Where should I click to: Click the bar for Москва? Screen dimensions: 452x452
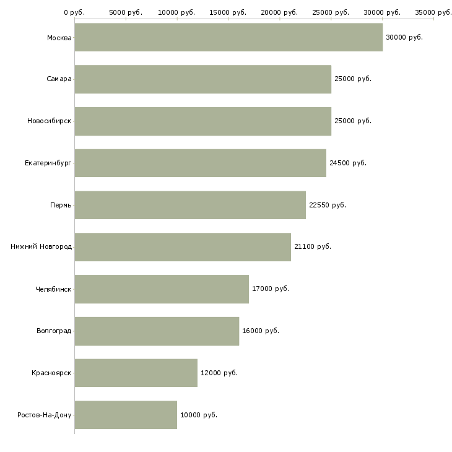[x=228, y=37]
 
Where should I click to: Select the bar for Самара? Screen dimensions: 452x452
[x=202, y=79]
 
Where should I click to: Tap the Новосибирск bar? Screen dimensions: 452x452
[x=202, y=121]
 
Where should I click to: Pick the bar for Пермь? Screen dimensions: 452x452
[x=190, y=205]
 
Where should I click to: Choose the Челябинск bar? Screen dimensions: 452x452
[x=162, y=289]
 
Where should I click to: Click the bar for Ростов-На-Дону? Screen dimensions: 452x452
[x=126, y=415]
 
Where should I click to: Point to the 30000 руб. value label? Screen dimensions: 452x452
[x=404, y=38]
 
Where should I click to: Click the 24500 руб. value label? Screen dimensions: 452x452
[x=348, y=163]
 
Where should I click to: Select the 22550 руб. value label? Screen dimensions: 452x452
[x=327, y=205]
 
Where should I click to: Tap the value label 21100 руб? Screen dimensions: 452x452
[x=313, y=246]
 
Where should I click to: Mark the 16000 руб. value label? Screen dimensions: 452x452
[x=261, y=331]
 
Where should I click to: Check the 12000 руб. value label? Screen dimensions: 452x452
[x=219, y=373]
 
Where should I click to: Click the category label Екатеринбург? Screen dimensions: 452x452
[x=48, y=163]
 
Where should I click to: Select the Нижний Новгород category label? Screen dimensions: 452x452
[x=41, y=247]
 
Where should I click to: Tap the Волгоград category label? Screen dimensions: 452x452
[x=54, y=331]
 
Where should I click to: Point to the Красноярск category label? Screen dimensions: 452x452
[x=51, y=373]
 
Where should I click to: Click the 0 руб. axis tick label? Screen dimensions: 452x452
[x=74, y=12]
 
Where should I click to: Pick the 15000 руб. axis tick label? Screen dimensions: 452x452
[x=228, y=12]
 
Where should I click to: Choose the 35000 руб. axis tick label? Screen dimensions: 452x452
[x=433, y=12]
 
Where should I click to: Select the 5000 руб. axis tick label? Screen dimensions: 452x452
[x=126, y=12]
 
